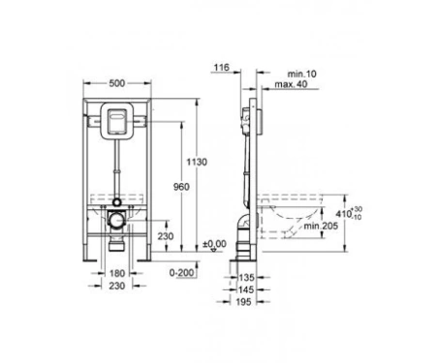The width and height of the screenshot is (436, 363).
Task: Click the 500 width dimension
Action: pyautogui.click(x=116, y=83)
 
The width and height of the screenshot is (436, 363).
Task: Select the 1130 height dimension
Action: pyautogui.click(x=197, y=162)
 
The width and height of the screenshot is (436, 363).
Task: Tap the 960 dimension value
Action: pyautogui.click(x=181, y=187)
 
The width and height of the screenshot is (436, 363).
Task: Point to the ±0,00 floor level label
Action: pyautogui.click(x=215, y=244)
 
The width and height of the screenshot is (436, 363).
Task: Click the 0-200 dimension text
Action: pyautogui.click(x=182, y=273)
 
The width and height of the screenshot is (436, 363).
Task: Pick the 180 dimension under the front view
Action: pyautogui.click(x=117, y=273)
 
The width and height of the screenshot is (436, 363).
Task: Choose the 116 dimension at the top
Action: pyautogui.click(x=222, y=67)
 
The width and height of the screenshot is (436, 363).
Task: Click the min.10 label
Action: pyautogui.click(x=302, y=74)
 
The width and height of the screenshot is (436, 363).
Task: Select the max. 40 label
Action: pyautogui.click(x=291, y=84)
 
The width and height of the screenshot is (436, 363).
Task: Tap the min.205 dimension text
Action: pyautogui.click(x=321, y=226)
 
